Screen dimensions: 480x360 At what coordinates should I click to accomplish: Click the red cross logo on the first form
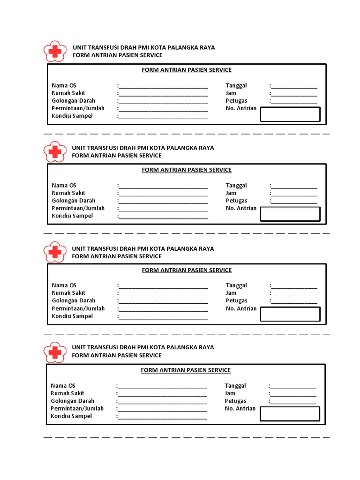tap(55, 52)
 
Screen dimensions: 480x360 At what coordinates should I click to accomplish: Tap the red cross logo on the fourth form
tap(55, 351)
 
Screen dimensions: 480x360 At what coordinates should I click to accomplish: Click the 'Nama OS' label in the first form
tap(64, 86)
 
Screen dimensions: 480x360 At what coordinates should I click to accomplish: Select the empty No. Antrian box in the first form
tap(290, 114)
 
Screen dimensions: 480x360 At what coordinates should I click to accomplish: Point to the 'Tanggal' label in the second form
tap(236, 186)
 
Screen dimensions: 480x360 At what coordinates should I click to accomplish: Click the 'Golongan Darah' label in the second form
tap(74, 201)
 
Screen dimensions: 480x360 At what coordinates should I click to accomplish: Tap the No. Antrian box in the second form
tap(290, 214)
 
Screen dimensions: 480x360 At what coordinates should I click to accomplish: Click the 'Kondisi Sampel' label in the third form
tap(72, 316)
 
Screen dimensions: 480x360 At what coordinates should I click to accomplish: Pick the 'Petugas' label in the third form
tap(236, 300)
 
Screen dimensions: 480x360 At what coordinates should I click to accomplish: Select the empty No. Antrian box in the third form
tap(290, 315)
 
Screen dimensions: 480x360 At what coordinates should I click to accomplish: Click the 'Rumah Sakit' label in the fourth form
tap(67, 393)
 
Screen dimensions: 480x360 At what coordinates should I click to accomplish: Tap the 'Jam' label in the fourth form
tap(230, 393)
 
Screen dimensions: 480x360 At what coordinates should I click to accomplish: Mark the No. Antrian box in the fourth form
tap(290, 414)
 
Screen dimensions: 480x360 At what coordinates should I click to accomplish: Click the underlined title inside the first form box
tap(187, 70)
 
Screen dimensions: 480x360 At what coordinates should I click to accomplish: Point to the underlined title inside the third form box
tap(187, 270)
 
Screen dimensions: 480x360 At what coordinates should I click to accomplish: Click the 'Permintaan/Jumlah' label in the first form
tap(78, 108)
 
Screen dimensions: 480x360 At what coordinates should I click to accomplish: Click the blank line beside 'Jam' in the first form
tap(294, 94)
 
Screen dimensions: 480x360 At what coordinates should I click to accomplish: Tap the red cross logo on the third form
tap(55, 252)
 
